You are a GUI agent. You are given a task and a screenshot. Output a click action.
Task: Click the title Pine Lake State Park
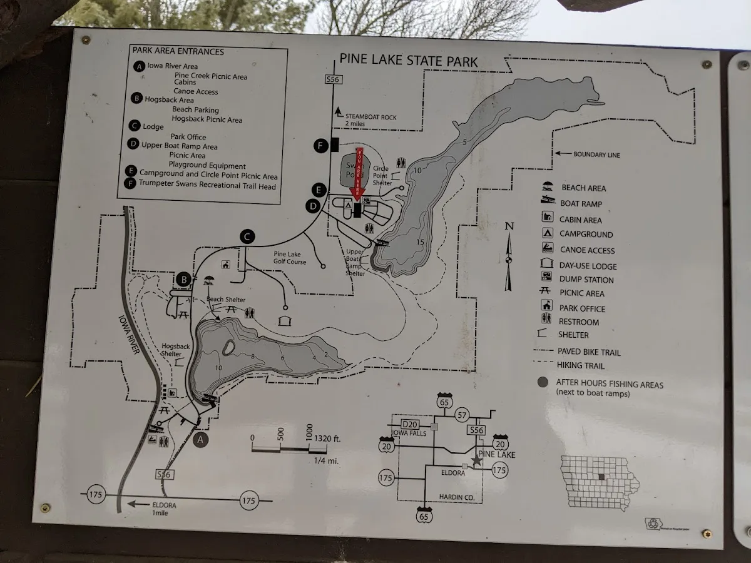[408, 61]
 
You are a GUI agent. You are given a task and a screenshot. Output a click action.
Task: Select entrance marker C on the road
[247, 236]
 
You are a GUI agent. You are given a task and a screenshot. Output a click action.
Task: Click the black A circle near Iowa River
[200, 440]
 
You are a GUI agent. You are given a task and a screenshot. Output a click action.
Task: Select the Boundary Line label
[596, 155]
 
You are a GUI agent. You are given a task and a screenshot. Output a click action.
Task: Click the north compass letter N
[509, 226]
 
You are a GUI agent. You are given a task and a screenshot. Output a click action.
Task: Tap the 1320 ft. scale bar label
[328, 439]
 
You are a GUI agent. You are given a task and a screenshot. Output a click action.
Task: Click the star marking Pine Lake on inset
[477, 460]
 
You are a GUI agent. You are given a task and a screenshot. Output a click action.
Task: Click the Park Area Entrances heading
[178, 51]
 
